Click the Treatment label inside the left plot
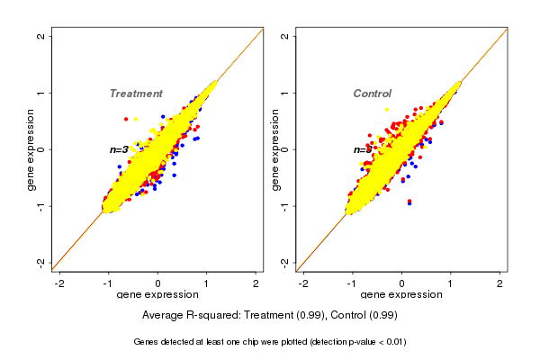coord(136,94)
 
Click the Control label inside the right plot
coord(372,94)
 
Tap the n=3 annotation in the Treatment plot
coord(119,149)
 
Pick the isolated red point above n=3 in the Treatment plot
coord(126,119)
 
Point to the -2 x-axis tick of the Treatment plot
coord(60,283)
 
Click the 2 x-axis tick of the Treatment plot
coord(256,283)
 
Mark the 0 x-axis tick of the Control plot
coord(401,283)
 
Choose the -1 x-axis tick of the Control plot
coord(353,283)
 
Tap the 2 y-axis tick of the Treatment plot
coord(41,36)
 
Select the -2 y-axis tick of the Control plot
coord(285,262)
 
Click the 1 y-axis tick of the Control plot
coord(285,93)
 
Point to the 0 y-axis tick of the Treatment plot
coord(41,149)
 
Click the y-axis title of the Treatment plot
coord(31,149)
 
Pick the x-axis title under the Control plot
coord(401,295)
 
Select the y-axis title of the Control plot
coord(274,149)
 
